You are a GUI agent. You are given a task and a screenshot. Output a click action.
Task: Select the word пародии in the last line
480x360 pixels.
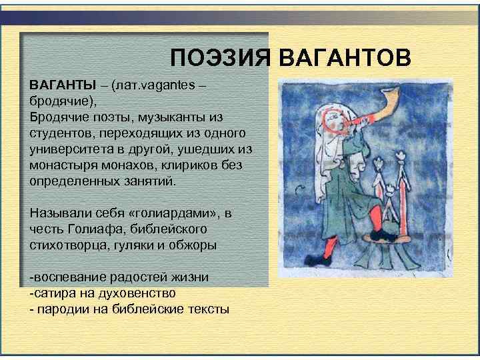click(61, 309)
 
